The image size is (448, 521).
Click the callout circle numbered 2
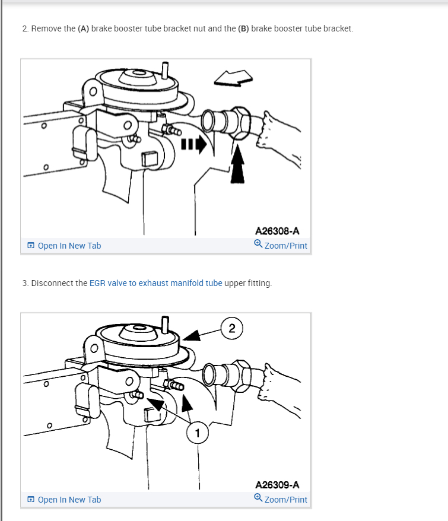tap(231, 328)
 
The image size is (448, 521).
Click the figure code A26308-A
tap(277, 231)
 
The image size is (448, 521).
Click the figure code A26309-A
tap(277, 485)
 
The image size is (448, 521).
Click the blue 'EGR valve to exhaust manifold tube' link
tap(155, 283)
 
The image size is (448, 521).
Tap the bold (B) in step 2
tap(243, 28)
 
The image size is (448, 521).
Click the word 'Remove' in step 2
tap(46, 28)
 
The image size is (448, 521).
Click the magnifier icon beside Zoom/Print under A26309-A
tap(258, 499)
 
